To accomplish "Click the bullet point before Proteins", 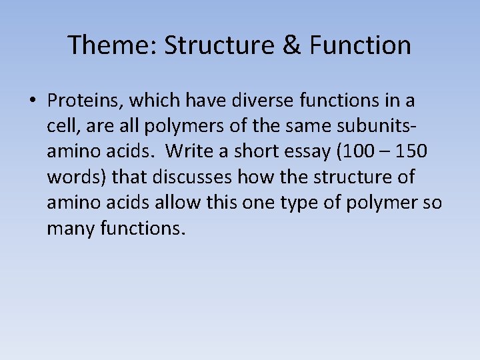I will tap(32, 101).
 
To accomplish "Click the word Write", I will tap(189, 151).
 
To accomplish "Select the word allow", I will tap(182, 202).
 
